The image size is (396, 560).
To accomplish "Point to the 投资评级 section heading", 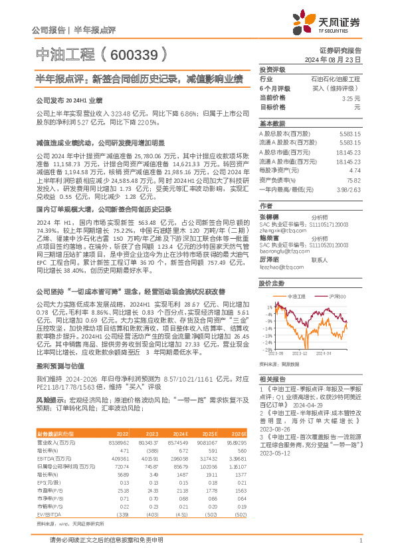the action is pos(272,69).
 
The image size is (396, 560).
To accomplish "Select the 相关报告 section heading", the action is pos(272,377).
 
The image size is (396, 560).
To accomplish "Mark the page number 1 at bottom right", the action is pos(359,541).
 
